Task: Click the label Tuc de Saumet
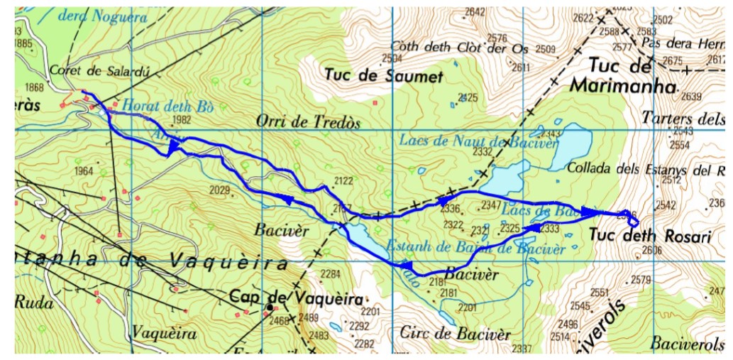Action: [x=384, y=75]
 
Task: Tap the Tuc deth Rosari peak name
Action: [x=649, y=236]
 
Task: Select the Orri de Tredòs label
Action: [x=309, y=122]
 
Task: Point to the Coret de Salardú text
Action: [x=84, y=70]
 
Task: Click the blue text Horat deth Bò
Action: [x=168, y=106]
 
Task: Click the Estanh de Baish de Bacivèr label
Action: [x=475, y=249]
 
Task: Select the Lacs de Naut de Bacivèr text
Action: [x=478, y=141]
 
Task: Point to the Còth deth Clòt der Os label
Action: [x=460, y=49]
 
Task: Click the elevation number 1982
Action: [x=182, y=120]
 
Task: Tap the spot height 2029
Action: [x=220, y=190]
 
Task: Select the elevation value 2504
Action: [x=392, y=58]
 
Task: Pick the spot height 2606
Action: [x=651, y=250]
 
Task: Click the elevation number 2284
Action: [x=331, y=274]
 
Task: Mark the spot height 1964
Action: [x=84, y=170]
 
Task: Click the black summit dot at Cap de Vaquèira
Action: [x=270, y=307]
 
